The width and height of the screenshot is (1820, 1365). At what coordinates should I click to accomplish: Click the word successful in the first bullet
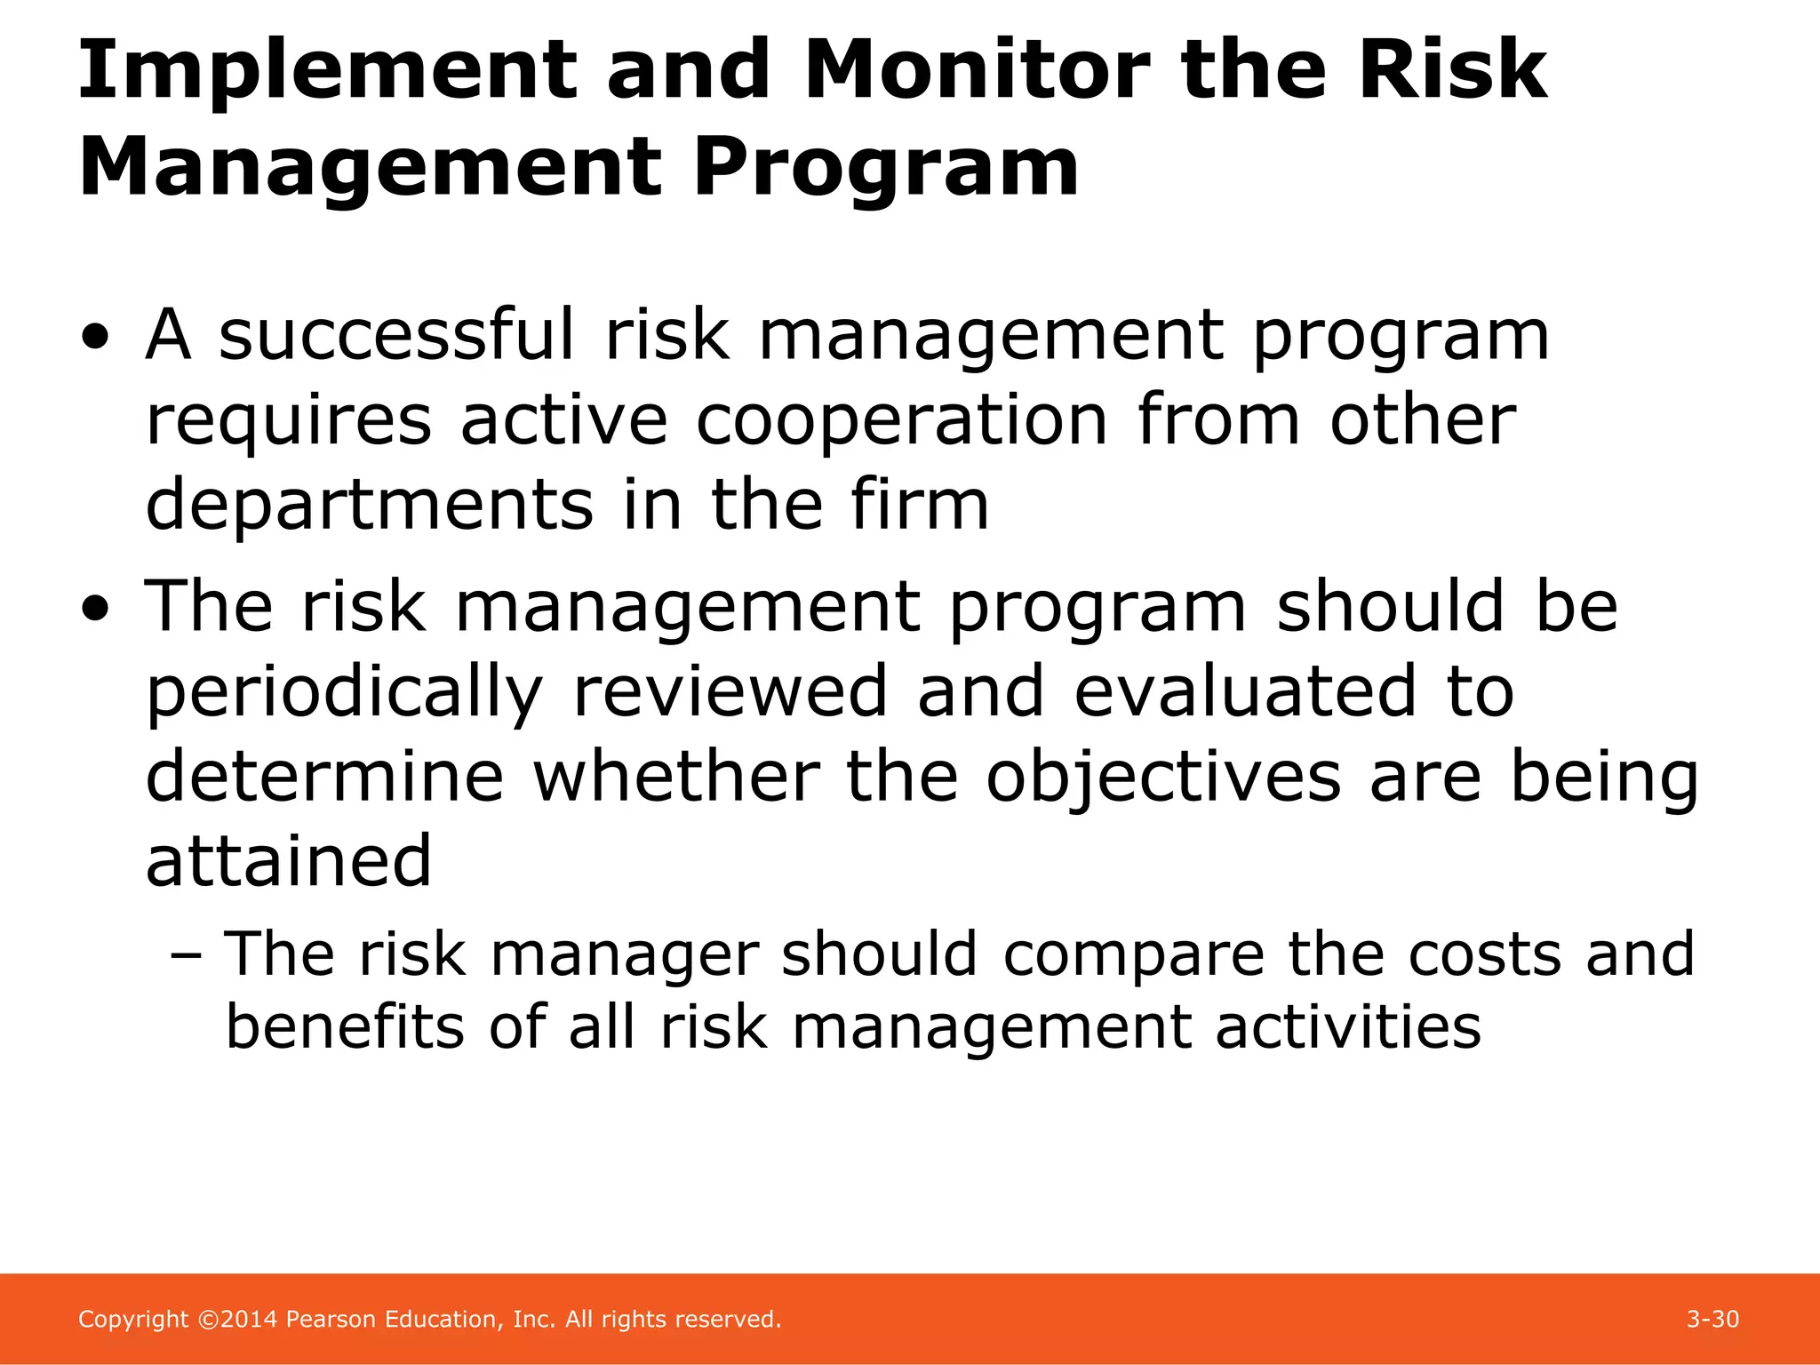(397, 335)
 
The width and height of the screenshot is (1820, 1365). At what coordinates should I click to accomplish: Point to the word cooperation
(901, 421)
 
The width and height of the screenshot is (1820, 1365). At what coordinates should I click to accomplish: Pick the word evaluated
(1245, 691)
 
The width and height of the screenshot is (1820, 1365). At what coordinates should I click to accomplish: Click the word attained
(288, 862)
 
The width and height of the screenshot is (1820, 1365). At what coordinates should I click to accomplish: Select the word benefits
(346, 1028)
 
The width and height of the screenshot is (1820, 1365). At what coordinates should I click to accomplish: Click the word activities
(1348, 1028)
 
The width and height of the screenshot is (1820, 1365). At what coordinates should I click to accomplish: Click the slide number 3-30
(1712, 1320)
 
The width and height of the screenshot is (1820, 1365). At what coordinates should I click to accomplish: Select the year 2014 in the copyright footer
(250, 1320)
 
